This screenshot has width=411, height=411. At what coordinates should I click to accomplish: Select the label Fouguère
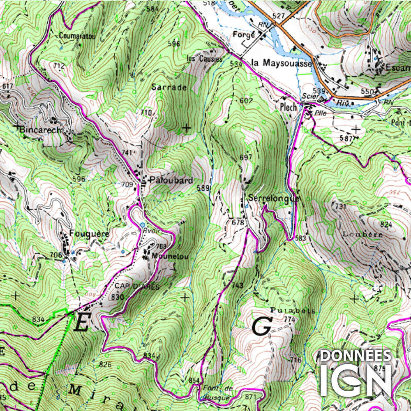click(89, 233)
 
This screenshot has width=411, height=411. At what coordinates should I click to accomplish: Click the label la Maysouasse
click(282, 63)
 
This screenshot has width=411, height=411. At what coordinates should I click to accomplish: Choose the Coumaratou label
click(77, 36)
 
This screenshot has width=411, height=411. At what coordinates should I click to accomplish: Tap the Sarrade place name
click(169, 87)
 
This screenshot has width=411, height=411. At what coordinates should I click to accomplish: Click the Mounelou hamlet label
click(170, 256)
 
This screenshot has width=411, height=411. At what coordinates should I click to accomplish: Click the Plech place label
click(288, 106)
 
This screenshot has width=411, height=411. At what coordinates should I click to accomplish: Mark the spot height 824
click(386, 224)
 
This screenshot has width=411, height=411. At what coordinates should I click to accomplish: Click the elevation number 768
click(161, 246)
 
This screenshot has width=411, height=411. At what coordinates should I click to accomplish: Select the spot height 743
click(237, 286)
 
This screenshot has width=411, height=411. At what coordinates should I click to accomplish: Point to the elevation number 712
click(59, 65)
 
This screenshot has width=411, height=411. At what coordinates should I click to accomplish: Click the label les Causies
click(204, 59)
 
